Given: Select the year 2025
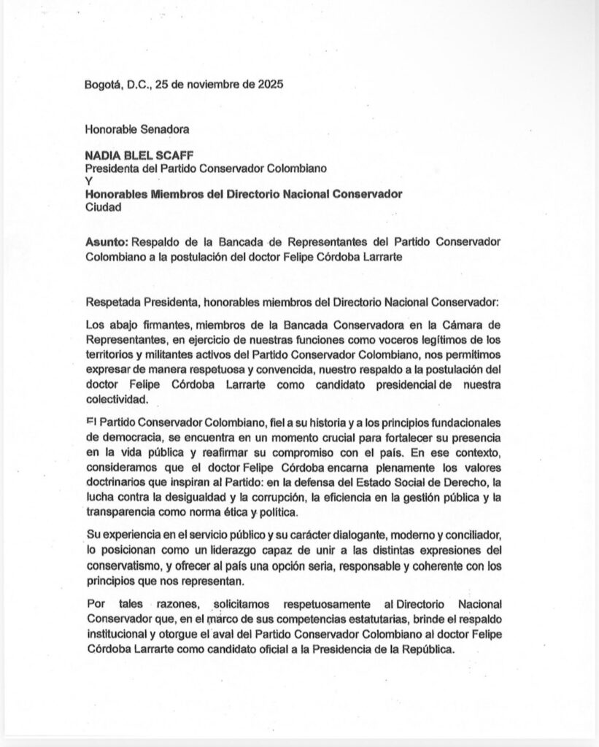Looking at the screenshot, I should tap(270, 84).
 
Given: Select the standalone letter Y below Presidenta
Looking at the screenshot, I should tap(88, 182).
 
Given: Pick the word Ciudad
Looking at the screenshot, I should tap(103, 206).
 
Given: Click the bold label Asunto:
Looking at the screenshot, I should tap(107, 241).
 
